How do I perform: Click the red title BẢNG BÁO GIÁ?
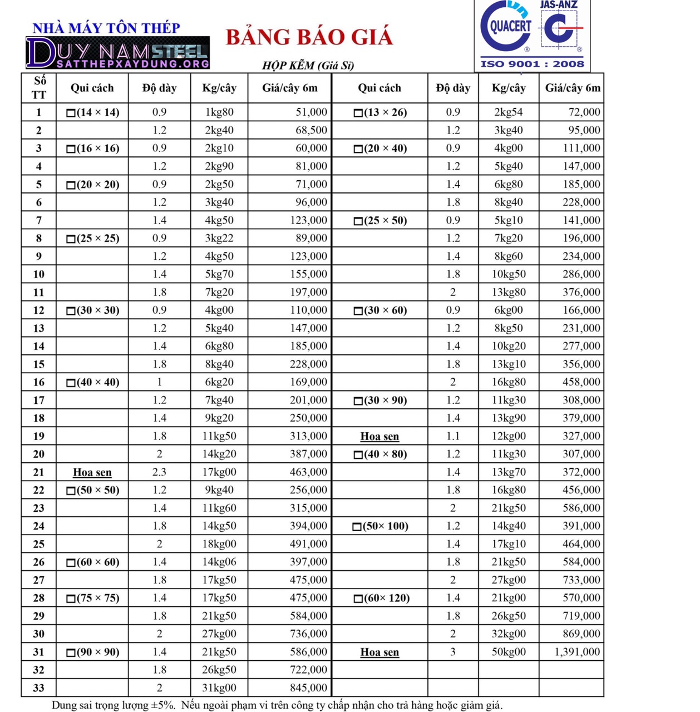click(309, 37)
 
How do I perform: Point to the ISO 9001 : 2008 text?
click(532, 64)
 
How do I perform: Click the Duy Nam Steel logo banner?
click(118, 53)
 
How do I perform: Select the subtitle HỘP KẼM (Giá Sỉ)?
click(308, 66)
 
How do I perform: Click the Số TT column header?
click(39, 88)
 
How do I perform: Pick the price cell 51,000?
click(311, 112)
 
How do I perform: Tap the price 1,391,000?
click(577, 652)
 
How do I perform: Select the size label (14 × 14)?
click(93, 112)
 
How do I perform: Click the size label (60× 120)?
click(382, 598)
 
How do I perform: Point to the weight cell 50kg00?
click(509, 652)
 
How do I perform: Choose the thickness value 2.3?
click(159, 472)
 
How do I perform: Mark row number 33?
click(39, 688)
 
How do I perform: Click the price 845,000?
click(308, 688)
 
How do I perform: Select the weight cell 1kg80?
click(219, 112)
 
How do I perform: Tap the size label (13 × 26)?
click(381, 112)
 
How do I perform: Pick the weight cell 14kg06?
click(219, 562)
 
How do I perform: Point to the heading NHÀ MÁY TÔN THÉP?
click(106, 28)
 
